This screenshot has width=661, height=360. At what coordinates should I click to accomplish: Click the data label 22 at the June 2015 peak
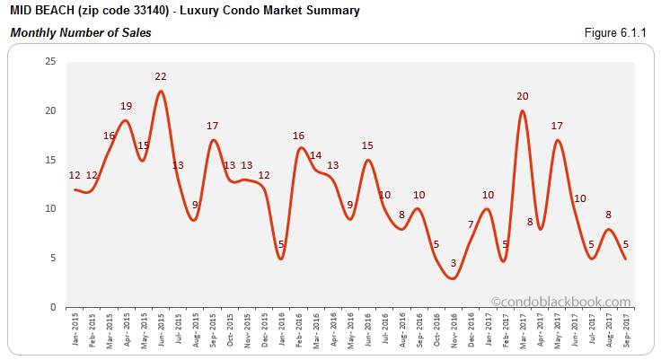coord(161,77)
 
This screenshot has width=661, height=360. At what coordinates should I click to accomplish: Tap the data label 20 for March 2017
coord(522,96)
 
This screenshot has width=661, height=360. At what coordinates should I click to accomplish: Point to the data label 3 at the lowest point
coord(454,263)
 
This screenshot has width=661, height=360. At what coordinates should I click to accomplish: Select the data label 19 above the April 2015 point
coord(126,106)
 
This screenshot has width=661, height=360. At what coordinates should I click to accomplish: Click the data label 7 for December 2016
coord(470,224)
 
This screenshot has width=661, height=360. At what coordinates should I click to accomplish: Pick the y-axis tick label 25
coord(50,61)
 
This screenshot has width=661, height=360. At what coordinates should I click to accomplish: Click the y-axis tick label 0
coord(53,307)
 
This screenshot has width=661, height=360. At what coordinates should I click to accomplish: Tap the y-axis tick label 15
coord(50,160)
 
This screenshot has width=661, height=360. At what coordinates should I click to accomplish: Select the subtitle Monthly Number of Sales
coord(81,33)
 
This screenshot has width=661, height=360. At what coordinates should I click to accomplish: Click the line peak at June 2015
coord(161,91)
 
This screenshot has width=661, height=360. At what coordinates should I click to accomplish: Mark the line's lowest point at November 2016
coord(454,278)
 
